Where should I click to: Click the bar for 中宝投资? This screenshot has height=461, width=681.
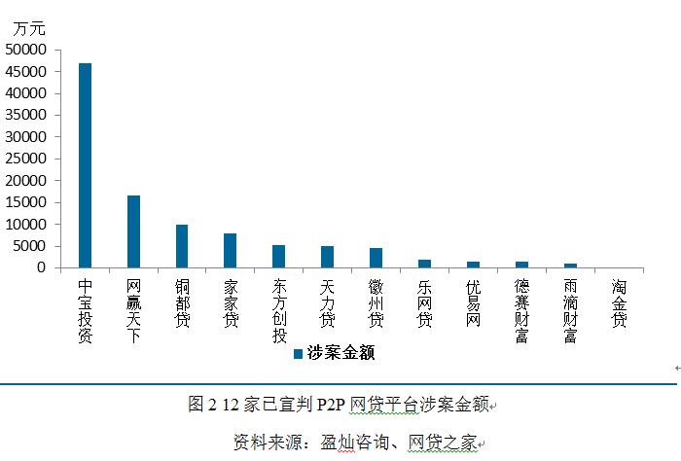tap(85, 165)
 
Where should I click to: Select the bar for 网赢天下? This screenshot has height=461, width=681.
tap(133, 231)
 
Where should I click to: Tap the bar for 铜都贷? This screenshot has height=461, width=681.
tap(182, 246)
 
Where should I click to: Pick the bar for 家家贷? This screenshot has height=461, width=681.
tap(231, 251)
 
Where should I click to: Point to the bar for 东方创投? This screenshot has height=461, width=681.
tap(279, 257)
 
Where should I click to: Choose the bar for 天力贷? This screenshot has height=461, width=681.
tap(328, 257)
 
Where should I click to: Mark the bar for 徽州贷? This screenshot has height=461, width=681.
tap(376, 258)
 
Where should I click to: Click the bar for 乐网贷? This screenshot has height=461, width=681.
tap(424, 264)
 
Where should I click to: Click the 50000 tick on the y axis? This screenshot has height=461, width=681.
tap(26, 50)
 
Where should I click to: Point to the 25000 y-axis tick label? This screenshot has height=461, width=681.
tap(26, 159)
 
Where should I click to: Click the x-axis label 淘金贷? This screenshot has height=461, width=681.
tap(619, 303)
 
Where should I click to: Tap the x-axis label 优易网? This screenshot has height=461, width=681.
tap(473, 303)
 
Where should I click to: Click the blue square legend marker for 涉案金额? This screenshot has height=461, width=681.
tap(298, 354)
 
